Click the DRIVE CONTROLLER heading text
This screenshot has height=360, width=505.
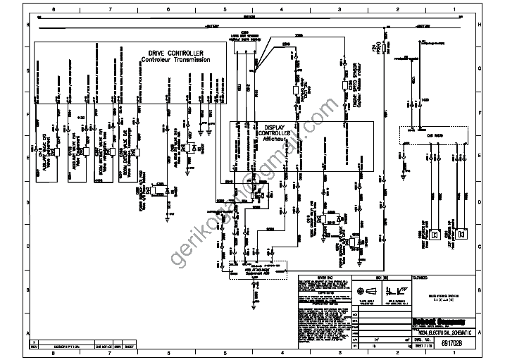tap(175, 54)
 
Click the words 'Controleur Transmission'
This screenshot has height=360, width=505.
tap(175, 60)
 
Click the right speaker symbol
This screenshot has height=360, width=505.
tap(461, 235)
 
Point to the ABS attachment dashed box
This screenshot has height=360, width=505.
tap(261, 269)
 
